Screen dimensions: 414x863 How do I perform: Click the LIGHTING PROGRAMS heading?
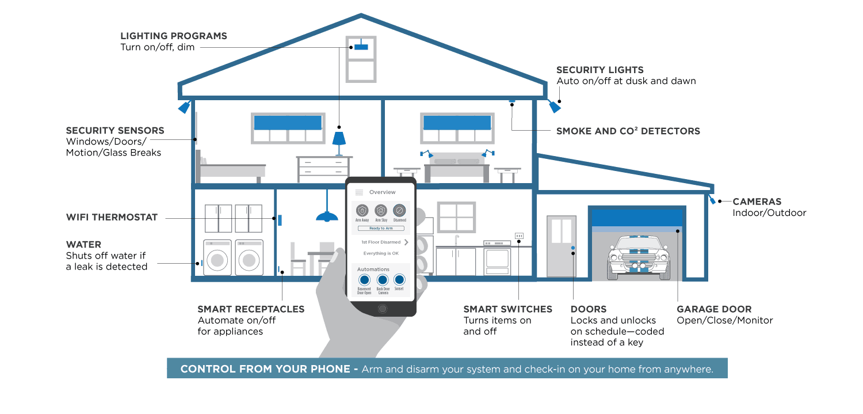point(173,36)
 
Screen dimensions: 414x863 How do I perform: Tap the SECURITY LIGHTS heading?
point(599,70)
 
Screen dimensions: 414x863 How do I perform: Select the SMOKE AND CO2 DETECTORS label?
point(628,131)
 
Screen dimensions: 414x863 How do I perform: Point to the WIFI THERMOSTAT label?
point(112,218)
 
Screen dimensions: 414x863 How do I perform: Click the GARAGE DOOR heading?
point(714,310)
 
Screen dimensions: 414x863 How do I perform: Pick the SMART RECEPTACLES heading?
point(251,310)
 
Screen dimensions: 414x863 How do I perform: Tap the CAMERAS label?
point(757,202)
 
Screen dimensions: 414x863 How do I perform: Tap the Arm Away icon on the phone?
point(362,211)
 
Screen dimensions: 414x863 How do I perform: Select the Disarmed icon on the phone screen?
point(399,211)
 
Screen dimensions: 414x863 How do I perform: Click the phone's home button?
point(383,309)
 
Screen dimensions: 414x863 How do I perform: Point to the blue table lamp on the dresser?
point(339,139)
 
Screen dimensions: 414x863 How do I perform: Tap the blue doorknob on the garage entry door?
point(573,248)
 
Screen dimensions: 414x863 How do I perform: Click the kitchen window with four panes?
point(456,217)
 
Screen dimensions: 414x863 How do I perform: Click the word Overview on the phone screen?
point(383,192)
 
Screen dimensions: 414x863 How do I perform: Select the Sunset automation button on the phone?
point(399,280)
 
